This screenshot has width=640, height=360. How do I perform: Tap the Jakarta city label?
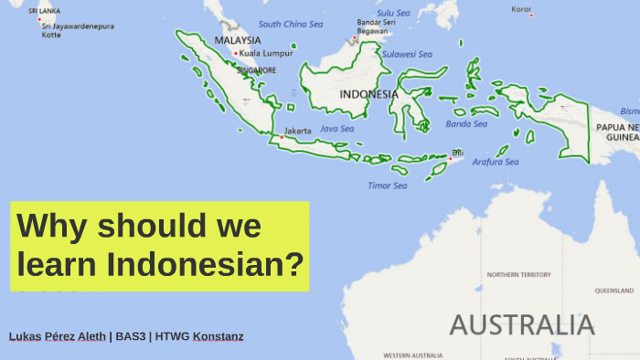point(298,131)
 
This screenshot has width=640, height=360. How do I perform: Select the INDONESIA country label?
point(368,94)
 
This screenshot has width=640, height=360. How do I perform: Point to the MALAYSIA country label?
point(238,40)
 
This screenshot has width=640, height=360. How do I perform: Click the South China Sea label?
point(291,25)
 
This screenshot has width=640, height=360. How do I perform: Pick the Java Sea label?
point(336,129)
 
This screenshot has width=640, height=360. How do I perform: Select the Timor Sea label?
point(387,185)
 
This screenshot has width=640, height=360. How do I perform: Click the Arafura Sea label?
point(495,162)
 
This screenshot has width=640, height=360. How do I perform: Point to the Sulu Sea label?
point(393,13)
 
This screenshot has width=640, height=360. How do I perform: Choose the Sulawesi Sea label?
point(405,54)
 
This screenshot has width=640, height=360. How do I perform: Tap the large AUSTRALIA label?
point(522,324)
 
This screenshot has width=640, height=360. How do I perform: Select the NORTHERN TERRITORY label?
point(518,274)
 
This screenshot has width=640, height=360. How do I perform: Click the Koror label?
point(521,9)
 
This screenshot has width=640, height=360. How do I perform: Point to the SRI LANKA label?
point(44,10)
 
